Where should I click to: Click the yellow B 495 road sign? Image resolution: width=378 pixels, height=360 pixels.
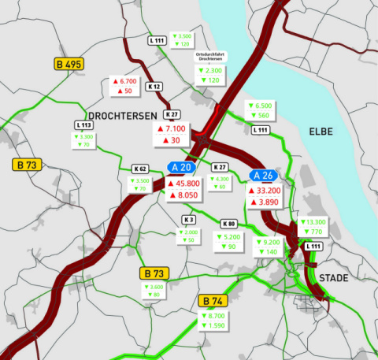click(69, 64)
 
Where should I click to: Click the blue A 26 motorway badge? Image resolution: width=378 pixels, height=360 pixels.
click(262, 175)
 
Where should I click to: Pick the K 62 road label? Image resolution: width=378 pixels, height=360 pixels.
click(141, 169)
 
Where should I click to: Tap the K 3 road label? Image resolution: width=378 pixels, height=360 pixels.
click(189, 219)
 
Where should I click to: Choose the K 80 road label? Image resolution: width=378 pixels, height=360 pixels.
click(228, 224)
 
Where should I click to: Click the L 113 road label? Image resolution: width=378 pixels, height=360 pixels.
click(84, 124)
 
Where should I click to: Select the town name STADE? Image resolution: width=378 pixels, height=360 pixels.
click(333, 277)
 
